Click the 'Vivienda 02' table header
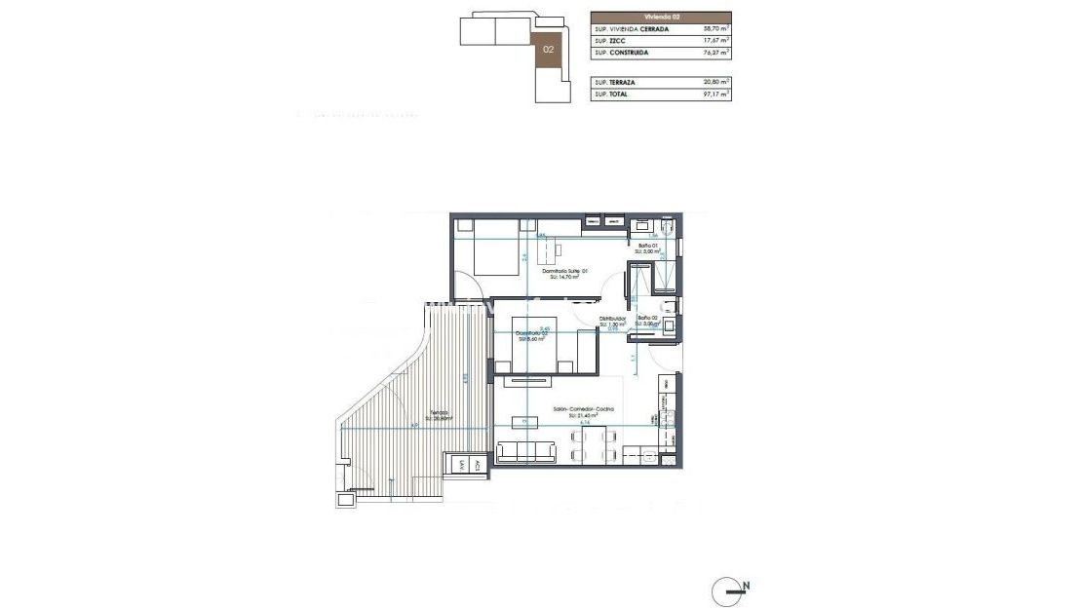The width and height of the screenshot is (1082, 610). (660, 17)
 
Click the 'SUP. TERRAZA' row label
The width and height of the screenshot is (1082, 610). (614, 83)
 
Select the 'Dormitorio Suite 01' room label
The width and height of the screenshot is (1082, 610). (563, 271)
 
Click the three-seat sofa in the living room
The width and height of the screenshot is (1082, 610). (527, 452)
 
